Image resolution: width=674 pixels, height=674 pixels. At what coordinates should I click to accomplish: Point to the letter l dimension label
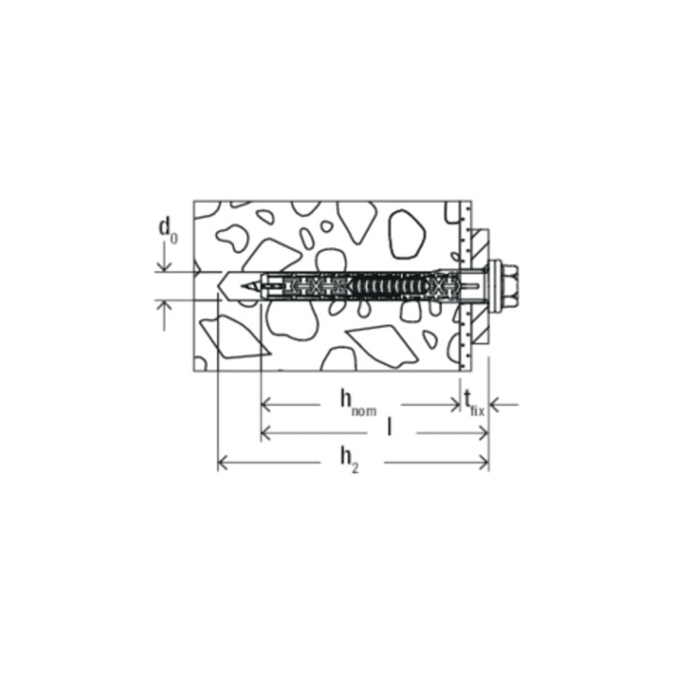click(388, 429)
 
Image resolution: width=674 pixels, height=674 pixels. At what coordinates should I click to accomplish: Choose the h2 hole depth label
click(348, 458)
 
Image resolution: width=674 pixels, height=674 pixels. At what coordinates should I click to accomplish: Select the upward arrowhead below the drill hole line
click(166, 307)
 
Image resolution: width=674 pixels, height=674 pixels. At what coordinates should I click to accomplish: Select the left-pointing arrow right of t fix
click(497, 405)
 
